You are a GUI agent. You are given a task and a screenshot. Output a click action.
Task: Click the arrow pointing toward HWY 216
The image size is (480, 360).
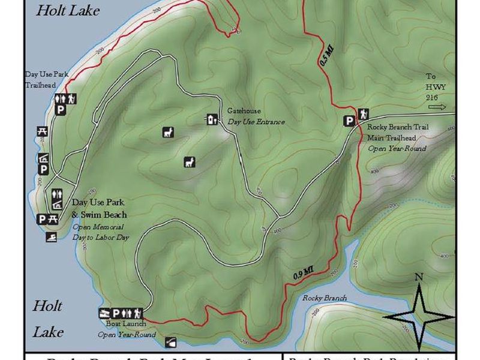pos(437,107)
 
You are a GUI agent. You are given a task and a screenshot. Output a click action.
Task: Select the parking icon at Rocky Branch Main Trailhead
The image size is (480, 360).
pos(349,121)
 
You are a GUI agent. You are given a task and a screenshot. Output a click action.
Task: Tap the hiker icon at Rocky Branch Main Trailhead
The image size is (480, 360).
pos(363,114)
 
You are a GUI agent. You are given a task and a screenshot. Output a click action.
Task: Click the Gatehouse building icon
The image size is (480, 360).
pos(211,119)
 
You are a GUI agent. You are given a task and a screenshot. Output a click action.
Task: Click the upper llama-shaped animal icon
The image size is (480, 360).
pos(168,133)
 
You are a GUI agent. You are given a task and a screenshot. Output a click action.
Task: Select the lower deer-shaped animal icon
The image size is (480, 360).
pos(190,161)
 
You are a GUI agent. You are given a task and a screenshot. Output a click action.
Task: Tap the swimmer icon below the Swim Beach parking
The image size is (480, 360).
pos(53,237)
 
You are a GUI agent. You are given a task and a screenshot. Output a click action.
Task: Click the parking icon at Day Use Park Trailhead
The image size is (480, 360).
pos(60,109)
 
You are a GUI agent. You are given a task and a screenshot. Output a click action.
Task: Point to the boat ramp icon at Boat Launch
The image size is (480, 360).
pos(104,313)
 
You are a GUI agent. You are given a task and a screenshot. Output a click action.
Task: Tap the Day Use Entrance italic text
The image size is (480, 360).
pos(256,122)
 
